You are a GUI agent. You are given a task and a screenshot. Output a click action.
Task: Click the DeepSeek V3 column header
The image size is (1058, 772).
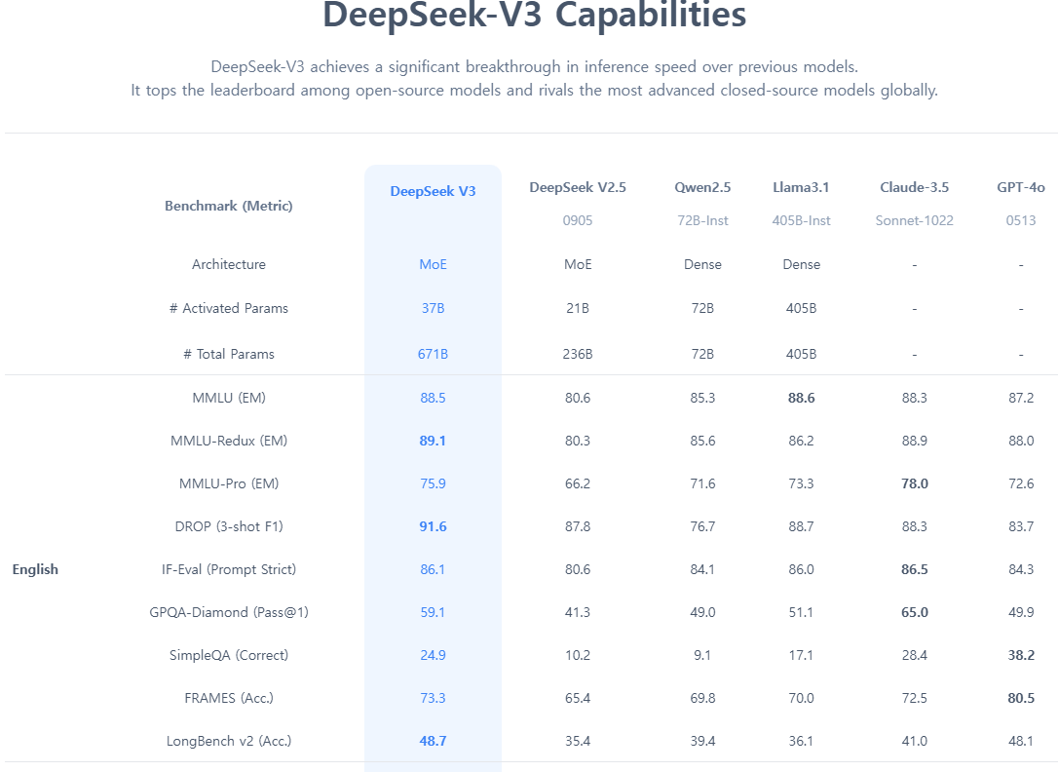click(x=433, y=191)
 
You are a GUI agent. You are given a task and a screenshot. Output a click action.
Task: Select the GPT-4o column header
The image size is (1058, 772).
click(x=1020, y=187)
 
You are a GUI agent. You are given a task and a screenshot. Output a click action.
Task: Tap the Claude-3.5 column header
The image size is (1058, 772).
click(x=914, y=187)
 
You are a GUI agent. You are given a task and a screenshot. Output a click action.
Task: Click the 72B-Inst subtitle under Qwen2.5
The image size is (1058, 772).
click(x=702, y=220)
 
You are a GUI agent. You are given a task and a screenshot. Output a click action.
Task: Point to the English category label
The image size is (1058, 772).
click(x=35, y=569)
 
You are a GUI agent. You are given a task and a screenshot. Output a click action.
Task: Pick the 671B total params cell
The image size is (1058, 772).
click(x=433, y=354)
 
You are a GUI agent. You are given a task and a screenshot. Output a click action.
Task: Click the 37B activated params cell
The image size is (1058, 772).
click(x=433, y=308)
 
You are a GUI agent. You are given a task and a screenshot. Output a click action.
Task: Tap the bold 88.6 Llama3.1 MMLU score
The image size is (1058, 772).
click(x=801, y=398)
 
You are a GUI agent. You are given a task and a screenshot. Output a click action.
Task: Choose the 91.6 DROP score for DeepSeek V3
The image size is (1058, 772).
click(x=433, y=526)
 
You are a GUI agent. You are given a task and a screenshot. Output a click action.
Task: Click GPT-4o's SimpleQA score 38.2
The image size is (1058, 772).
click(x=1020, y=655)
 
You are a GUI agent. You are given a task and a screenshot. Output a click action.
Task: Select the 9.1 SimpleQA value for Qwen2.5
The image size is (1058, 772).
click(x=702, y=655)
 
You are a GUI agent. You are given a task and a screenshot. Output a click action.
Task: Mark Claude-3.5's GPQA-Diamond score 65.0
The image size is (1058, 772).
click(x=914, y=612)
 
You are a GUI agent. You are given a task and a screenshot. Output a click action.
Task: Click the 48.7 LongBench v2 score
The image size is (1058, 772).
click(x=433, y=741)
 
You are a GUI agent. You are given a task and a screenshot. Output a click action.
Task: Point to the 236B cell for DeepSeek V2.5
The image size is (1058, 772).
click(x=577, y=354)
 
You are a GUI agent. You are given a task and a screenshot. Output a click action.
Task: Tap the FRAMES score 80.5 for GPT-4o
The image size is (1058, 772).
click(x=1020, y=698)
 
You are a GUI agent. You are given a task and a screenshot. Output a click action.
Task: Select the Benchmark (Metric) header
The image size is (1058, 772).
click(x=229, y=206)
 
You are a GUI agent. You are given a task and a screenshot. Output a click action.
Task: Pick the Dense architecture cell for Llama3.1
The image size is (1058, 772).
click(x=801, y=264)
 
